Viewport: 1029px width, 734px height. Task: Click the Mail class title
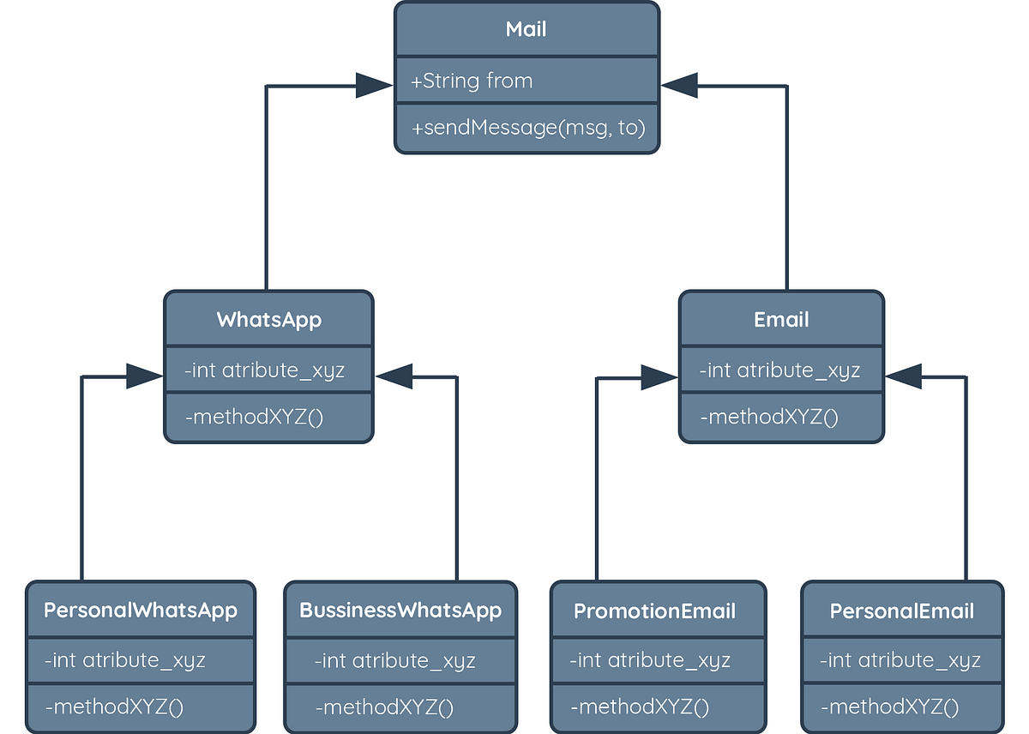click(527, 30)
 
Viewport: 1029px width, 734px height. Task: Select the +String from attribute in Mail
click(472, 81)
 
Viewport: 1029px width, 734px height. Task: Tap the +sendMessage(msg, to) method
click(528, 128)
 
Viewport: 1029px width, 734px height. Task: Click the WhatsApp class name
click(268, 320)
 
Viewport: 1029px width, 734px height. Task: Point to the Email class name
click(781, 320)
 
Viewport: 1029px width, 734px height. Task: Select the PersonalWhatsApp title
click(141, 611)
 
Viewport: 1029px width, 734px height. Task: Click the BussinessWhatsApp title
click(400, 611)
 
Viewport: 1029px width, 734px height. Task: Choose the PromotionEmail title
click(654, 611)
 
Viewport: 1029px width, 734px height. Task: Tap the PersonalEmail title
click(901, 611)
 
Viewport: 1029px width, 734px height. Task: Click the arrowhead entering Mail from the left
click(374, 85)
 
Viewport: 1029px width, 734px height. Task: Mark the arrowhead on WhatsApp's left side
click(143, 376)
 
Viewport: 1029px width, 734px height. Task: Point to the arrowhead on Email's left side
click(659, 376)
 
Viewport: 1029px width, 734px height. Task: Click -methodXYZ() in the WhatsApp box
click(254, 418)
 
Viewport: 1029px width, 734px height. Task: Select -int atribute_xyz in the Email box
click(779, 370)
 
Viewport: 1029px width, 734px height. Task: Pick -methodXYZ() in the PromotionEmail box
click(641, 707)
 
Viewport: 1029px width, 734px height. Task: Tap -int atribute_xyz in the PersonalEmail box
click(900, 660)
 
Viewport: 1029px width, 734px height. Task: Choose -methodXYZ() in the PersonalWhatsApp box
click(115, 707)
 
